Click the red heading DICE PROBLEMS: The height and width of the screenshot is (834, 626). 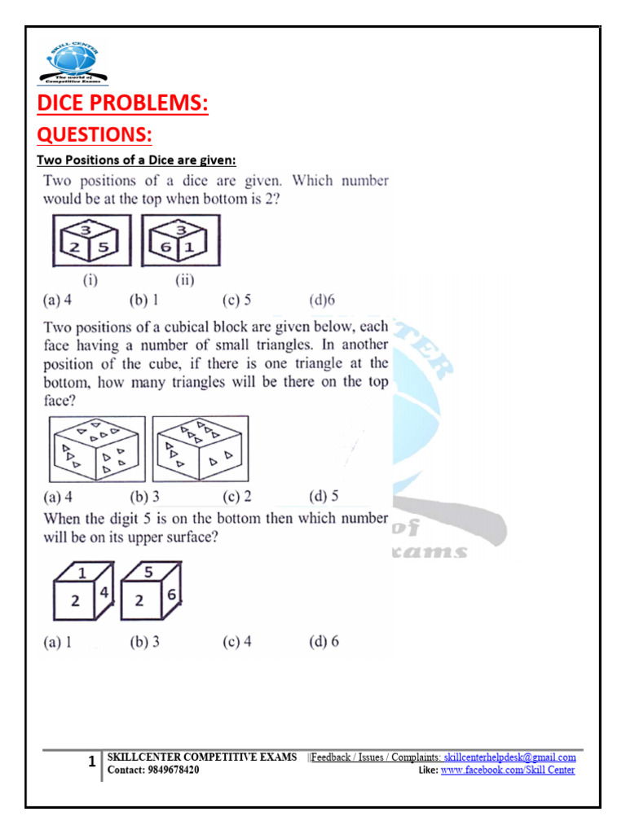pos(122,103)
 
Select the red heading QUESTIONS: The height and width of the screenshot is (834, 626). pos(95,133)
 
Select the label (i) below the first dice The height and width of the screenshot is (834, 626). pos(90,282)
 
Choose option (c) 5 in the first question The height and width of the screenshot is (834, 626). pos(237,300)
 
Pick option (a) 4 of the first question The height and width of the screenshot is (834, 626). pos(58,300)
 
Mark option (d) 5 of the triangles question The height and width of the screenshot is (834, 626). pos(324,496)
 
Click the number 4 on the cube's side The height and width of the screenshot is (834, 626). pos(105,593)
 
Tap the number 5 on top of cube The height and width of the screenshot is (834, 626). pos(148,573)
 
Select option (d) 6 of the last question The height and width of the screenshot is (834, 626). pos(324,642)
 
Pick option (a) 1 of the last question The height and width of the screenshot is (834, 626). pos(58,642)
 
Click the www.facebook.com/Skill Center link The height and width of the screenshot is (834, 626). pos(507,770)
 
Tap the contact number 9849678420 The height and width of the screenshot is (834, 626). pos(172,770)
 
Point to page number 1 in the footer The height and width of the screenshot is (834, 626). pos(91,763)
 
